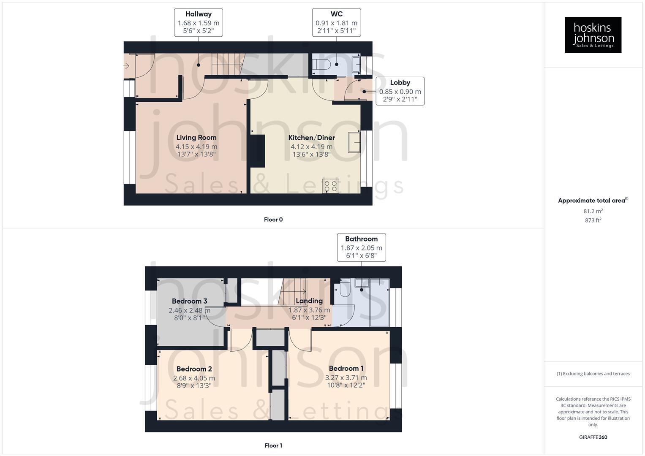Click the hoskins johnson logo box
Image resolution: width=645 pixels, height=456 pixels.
point(593,35)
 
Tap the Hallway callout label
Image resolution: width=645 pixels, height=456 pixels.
point(199,22)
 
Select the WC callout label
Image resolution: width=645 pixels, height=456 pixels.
point(336,22)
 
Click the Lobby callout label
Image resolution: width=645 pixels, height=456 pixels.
point(400,91)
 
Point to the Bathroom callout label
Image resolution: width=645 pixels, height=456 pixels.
point(361,247)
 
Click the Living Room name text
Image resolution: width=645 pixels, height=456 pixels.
point(196,137)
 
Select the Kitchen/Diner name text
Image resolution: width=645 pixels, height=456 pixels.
point(312,138)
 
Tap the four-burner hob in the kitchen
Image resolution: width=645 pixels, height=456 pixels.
point(330,186)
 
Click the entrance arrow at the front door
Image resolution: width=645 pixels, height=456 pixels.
point(126,66)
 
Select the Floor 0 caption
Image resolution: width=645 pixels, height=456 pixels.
point(273,220)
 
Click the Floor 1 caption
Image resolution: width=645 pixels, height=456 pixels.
point(273,445)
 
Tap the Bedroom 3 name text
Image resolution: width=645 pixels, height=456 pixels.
point(189,301)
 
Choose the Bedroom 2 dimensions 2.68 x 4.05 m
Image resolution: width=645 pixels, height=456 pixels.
point(194,378)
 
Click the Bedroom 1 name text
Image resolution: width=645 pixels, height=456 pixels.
point(346,368)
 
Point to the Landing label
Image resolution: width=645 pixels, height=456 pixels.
point(309,301)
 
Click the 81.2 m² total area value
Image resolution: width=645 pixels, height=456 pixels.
point(593,211)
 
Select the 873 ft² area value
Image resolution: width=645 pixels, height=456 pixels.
point(593,220)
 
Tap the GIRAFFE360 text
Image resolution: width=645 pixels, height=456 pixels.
point(593,437)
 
